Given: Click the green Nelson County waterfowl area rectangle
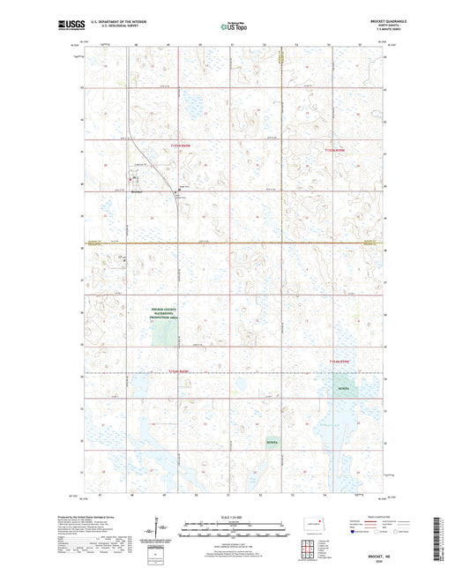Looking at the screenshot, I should tap(163, 333).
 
